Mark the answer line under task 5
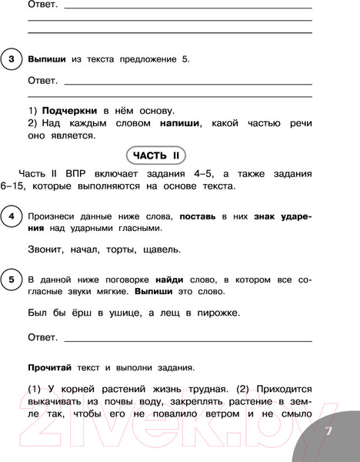click(188, 340)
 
